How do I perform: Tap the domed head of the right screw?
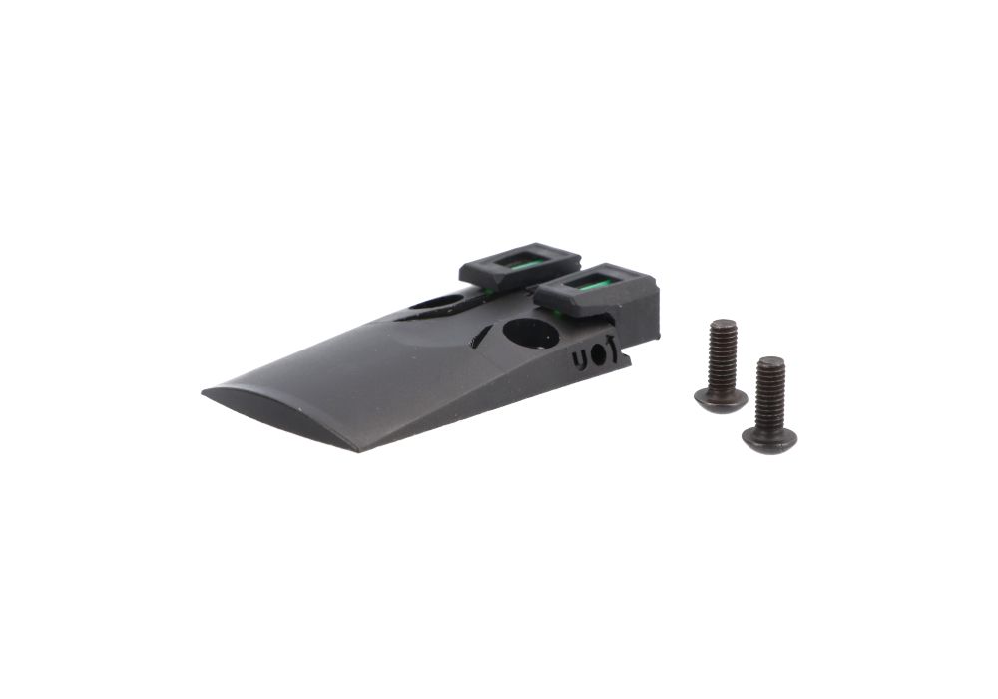click(x=768, y=437)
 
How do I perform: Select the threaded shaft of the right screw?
click(x=770, y=394)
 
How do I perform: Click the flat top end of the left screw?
click(x=724, y=325)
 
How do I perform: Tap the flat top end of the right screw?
click(x=770, y=360)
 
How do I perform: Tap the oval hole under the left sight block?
click(x=436, y=300)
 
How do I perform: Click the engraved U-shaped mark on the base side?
click(x=580, y=357)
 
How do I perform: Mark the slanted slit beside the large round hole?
click(x=482, y=336)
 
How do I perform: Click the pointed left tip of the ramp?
click(x=204, y=392)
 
